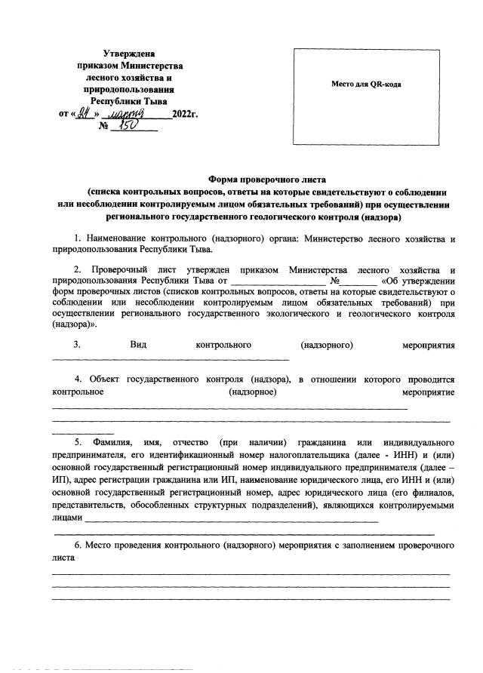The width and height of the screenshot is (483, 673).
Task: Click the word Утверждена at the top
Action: [x=128, y=54]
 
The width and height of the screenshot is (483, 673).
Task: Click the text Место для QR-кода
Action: [x=366, y=84]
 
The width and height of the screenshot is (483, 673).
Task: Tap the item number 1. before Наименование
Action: [x=78, y=240]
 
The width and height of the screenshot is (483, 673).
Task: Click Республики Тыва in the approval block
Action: [x=129, y=100]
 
